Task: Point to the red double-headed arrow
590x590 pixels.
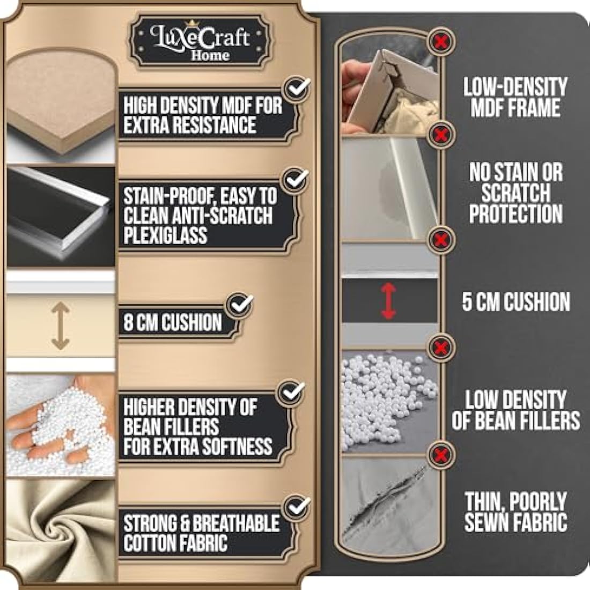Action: (x=389, y=301)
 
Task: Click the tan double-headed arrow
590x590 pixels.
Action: (x=60, y=326)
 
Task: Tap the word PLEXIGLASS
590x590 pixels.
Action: (x=165, y=235)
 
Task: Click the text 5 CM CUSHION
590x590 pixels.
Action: (x=516, y=302)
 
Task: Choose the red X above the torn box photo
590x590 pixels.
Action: (x=441, y=41)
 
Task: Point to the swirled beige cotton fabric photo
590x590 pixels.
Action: (x=61, y=529)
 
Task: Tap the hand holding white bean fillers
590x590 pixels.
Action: (x=61, y=425)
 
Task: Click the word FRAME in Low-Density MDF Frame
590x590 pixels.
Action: (x=536, y=108)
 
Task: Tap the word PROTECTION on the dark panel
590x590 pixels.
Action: (x=516, y=213)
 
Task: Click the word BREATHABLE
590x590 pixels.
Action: (x=237, y=523)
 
